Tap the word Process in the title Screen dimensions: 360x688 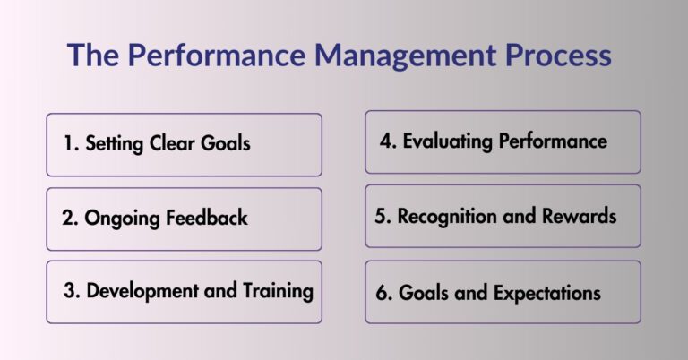[555, 56]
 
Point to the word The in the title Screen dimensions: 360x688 [94, 56]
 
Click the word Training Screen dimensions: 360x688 [279, 291]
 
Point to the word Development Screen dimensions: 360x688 [139, 291]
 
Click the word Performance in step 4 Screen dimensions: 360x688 [553, 141]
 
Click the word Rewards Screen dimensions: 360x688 [583, 217]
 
